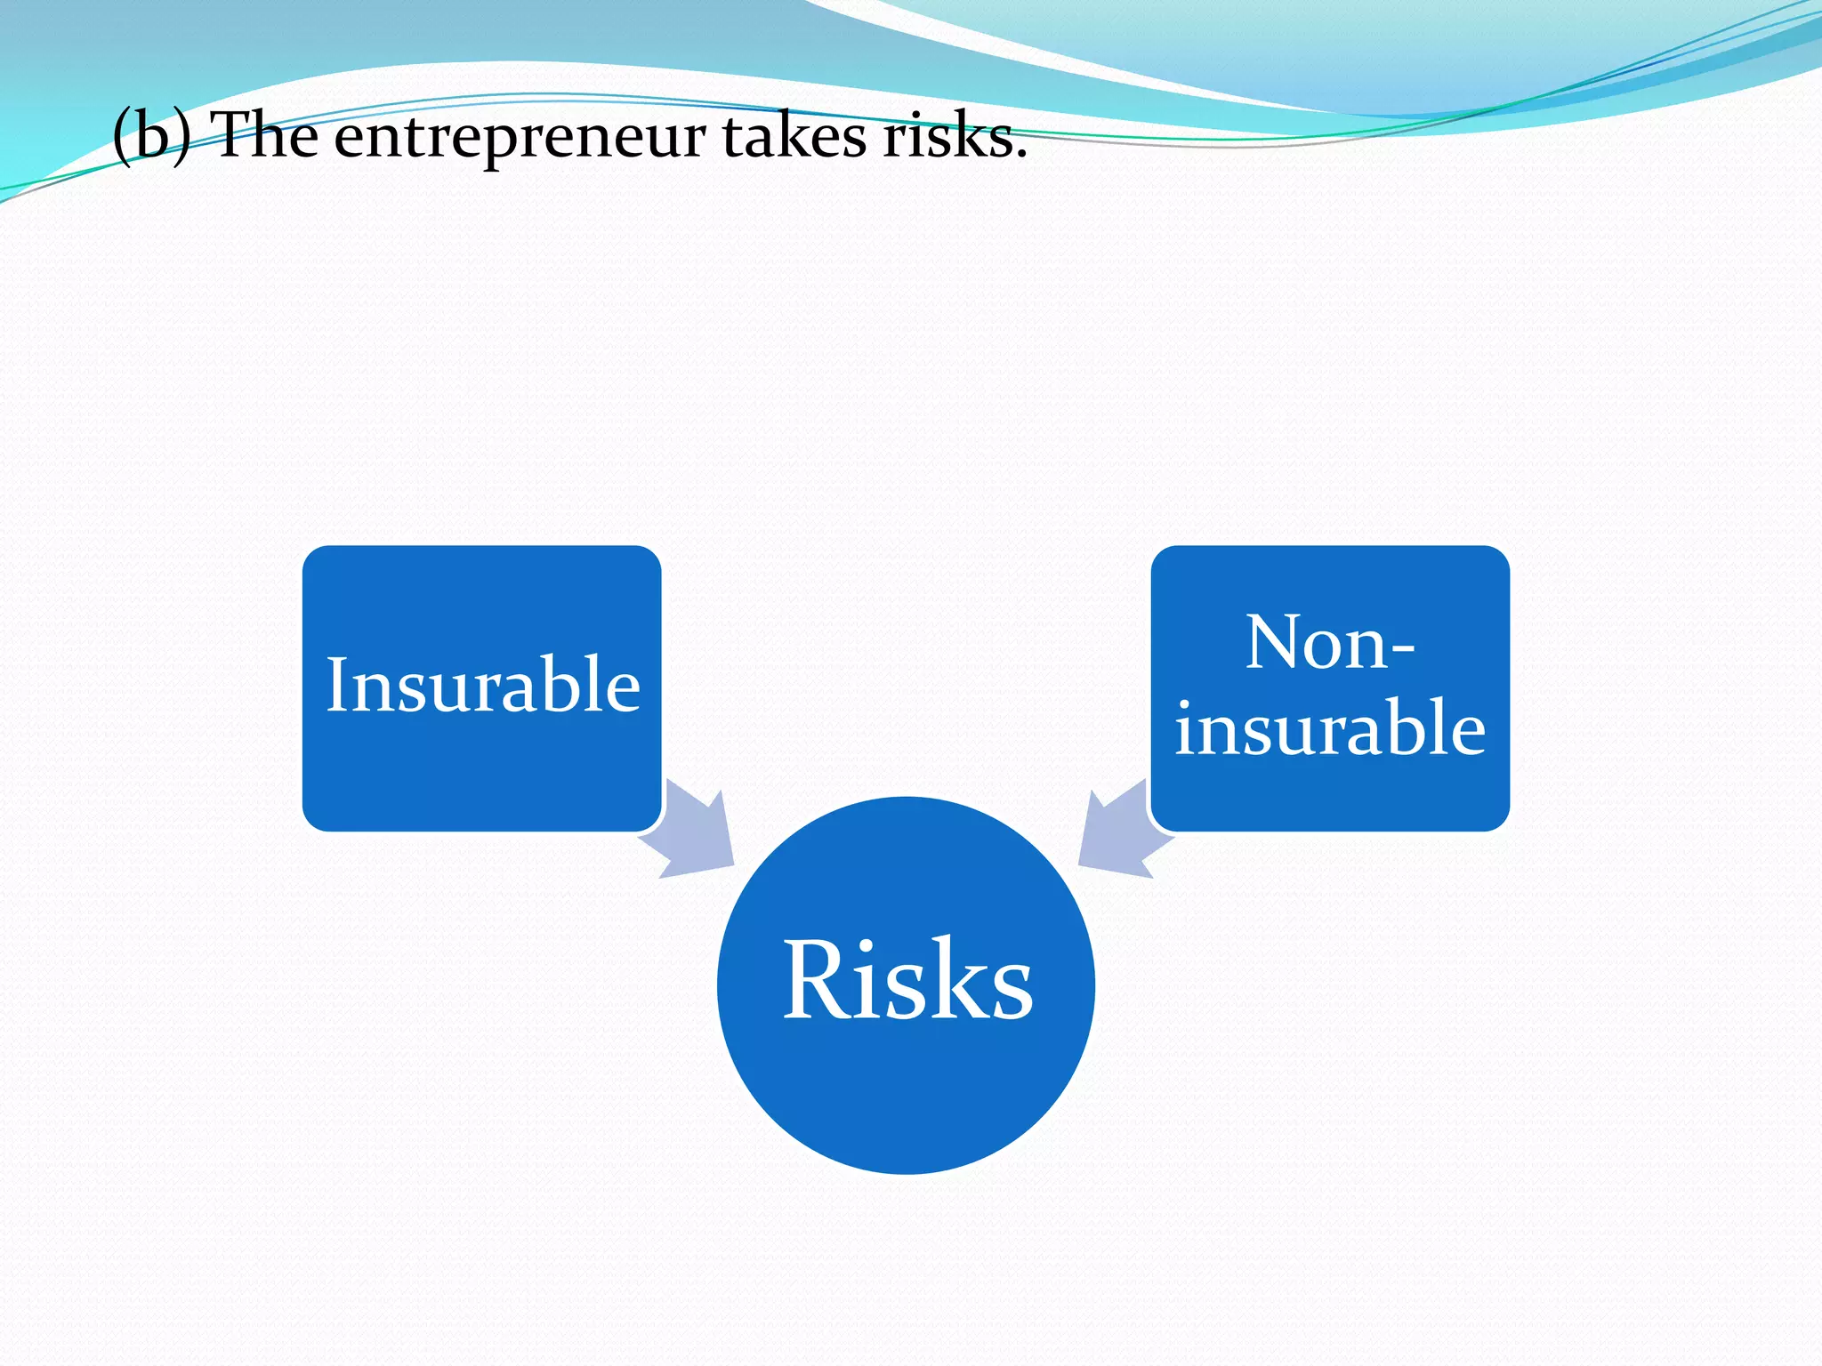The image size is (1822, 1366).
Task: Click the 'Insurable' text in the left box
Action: (482, 685)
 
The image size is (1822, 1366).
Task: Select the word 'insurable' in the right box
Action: (1329, 727)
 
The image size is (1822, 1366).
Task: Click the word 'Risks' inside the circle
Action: (907, 980)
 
